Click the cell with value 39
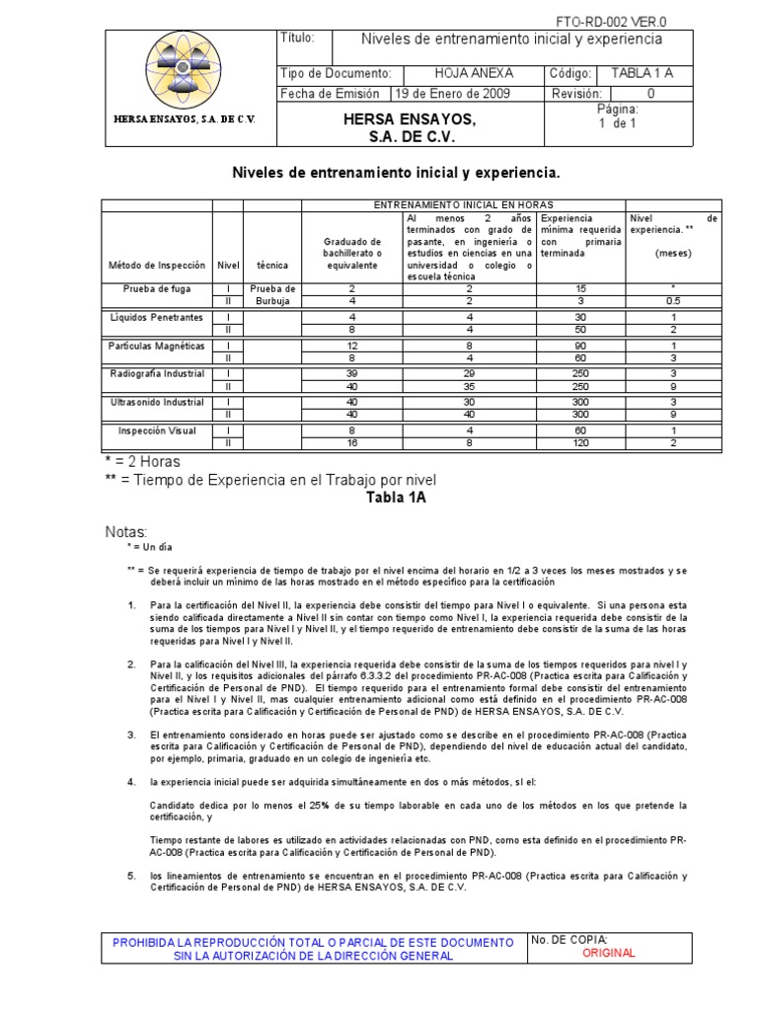(352, 374)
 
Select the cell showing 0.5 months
(672, 300)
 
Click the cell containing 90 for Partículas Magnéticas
(581, 346)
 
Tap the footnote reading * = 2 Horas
(144, 462)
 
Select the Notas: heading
(126, 532)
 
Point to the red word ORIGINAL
(609, 954)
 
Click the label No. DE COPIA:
(569, 940)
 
